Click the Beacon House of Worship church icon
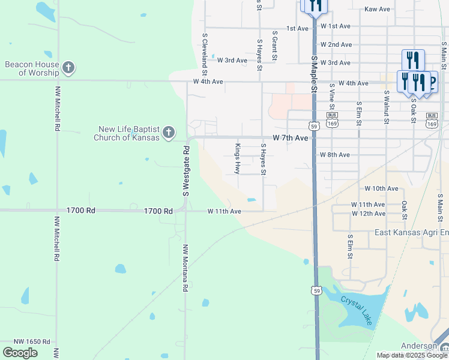(68, 67)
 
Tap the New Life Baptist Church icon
(169, 132)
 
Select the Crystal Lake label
(357, 310)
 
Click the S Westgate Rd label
(186, 173)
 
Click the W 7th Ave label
(290, 138)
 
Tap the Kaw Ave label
(377, 9)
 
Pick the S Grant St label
(274, 46)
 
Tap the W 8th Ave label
(335, 155)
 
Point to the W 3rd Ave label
(232, 61)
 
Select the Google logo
(20, 353)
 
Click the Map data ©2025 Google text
(411, 355)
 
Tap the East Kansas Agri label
(411, 232)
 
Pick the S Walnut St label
(386, 107)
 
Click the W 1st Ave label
(336, 26)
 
